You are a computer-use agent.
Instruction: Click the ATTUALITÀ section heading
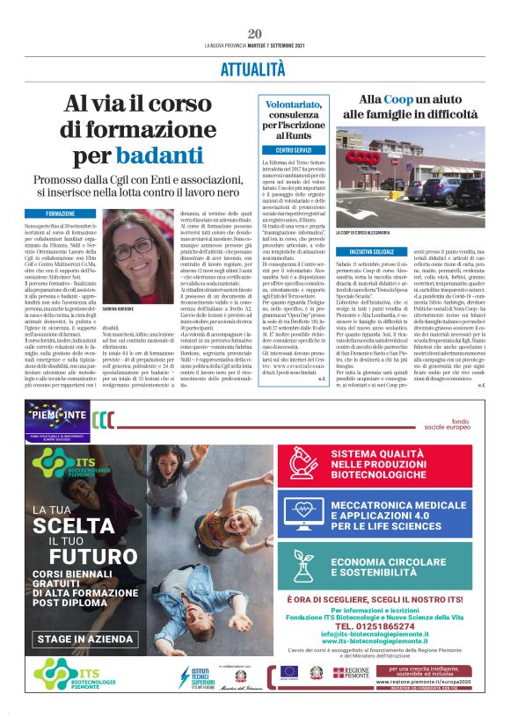pos(255,69)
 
